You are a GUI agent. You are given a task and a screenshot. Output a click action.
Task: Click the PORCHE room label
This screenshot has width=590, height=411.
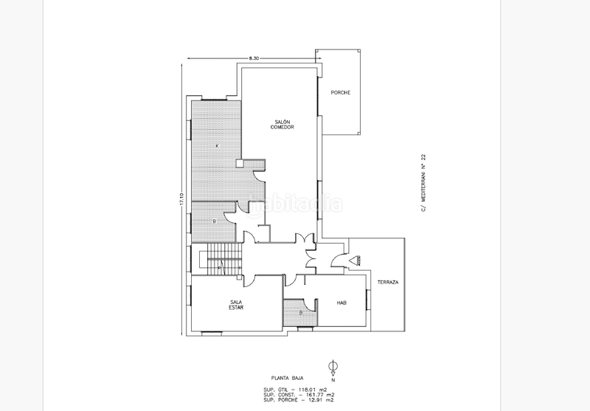(341, 92)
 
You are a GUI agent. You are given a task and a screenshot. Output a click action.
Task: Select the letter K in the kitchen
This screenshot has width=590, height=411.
(217, 145)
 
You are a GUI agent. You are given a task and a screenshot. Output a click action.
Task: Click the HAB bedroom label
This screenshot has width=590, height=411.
(341, 303)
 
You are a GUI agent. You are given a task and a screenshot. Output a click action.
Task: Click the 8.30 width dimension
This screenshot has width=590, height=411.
(254, 58)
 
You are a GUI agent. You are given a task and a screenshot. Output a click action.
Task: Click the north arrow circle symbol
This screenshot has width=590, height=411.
(333, 365)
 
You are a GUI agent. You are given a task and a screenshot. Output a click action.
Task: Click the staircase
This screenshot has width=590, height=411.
(219, 261)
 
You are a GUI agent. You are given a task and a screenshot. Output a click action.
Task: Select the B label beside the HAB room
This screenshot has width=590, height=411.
(301, 312)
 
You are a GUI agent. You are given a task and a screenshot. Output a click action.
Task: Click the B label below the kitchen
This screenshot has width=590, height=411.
(214, 221)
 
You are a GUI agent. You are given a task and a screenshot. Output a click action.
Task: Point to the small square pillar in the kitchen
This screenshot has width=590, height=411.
(239, 164)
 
